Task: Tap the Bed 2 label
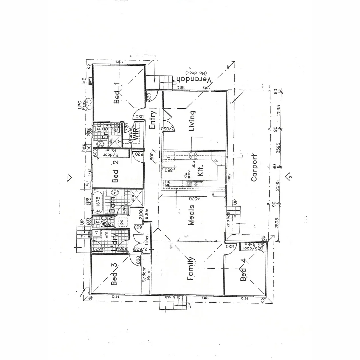click(x=115, y=172)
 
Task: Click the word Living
click(x=192, y=121)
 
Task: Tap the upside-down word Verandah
click(x=194, y=80)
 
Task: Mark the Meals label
click(x=191, y=215)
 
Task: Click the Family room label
click(x=190, y=269)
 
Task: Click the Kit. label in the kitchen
click(x=200, y=172)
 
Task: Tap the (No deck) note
click(x=196, y=72)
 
